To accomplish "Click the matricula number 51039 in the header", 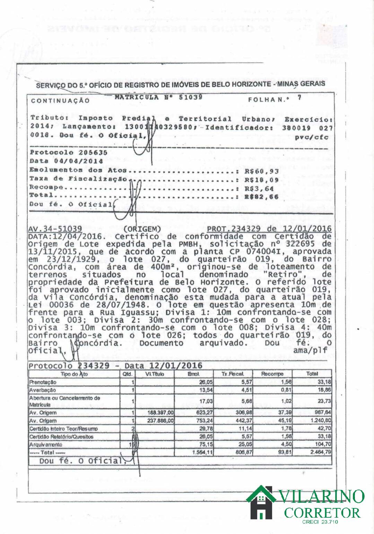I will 191,97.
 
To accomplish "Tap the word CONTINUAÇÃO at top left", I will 60,101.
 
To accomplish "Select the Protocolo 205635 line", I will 69,152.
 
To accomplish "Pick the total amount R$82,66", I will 262,197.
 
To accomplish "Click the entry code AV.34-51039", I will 55,229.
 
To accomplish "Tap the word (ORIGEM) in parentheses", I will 142,229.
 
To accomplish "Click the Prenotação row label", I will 43,382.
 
